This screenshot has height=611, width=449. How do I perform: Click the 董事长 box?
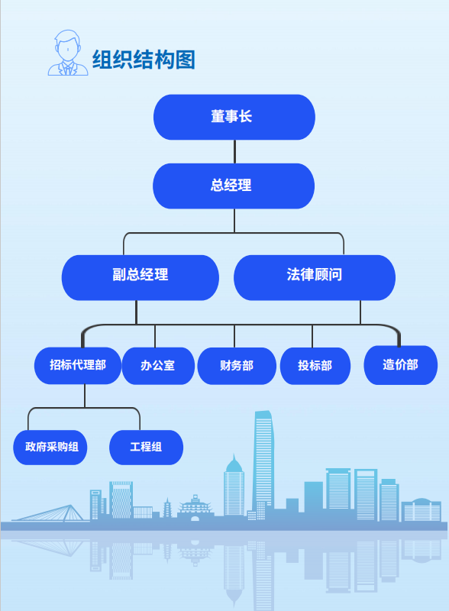(x=234, y=117)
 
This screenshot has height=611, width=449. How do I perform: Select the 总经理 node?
(x=234, y=186)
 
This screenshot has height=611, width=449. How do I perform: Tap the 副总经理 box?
(x=141, y=277)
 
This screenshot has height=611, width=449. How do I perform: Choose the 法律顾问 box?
(x=315, y=277)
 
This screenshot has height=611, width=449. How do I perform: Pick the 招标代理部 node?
(x=78, y=366)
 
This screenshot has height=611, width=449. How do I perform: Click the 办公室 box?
(x=158, y=366)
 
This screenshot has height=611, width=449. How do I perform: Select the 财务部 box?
(x=237, y=366)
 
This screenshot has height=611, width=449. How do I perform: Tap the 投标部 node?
(x=315, y=366)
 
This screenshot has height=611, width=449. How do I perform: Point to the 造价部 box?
(x=401, y=365)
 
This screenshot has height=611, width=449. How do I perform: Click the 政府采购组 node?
(x=50, y=448)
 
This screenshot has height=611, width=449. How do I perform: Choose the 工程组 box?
(x=146, y=448)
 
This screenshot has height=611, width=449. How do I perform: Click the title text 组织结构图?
(x=144, y=60)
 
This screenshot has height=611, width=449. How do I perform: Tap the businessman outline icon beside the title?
(x=68, y=53)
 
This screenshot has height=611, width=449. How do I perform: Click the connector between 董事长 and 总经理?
(x=234, y=151)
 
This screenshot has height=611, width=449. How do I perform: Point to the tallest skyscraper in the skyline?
(x=263, y=464)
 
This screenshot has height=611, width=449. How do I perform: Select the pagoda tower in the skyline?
(x=167, y=508)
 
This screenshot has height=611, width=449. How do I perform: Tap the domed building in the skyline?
(x=422, y=509)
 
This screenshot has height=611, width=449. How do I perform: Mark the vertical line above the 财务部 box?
(x=234, y=336)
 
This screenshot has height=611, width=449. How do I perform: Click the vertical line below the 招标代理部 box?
(x=85, y=396)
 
